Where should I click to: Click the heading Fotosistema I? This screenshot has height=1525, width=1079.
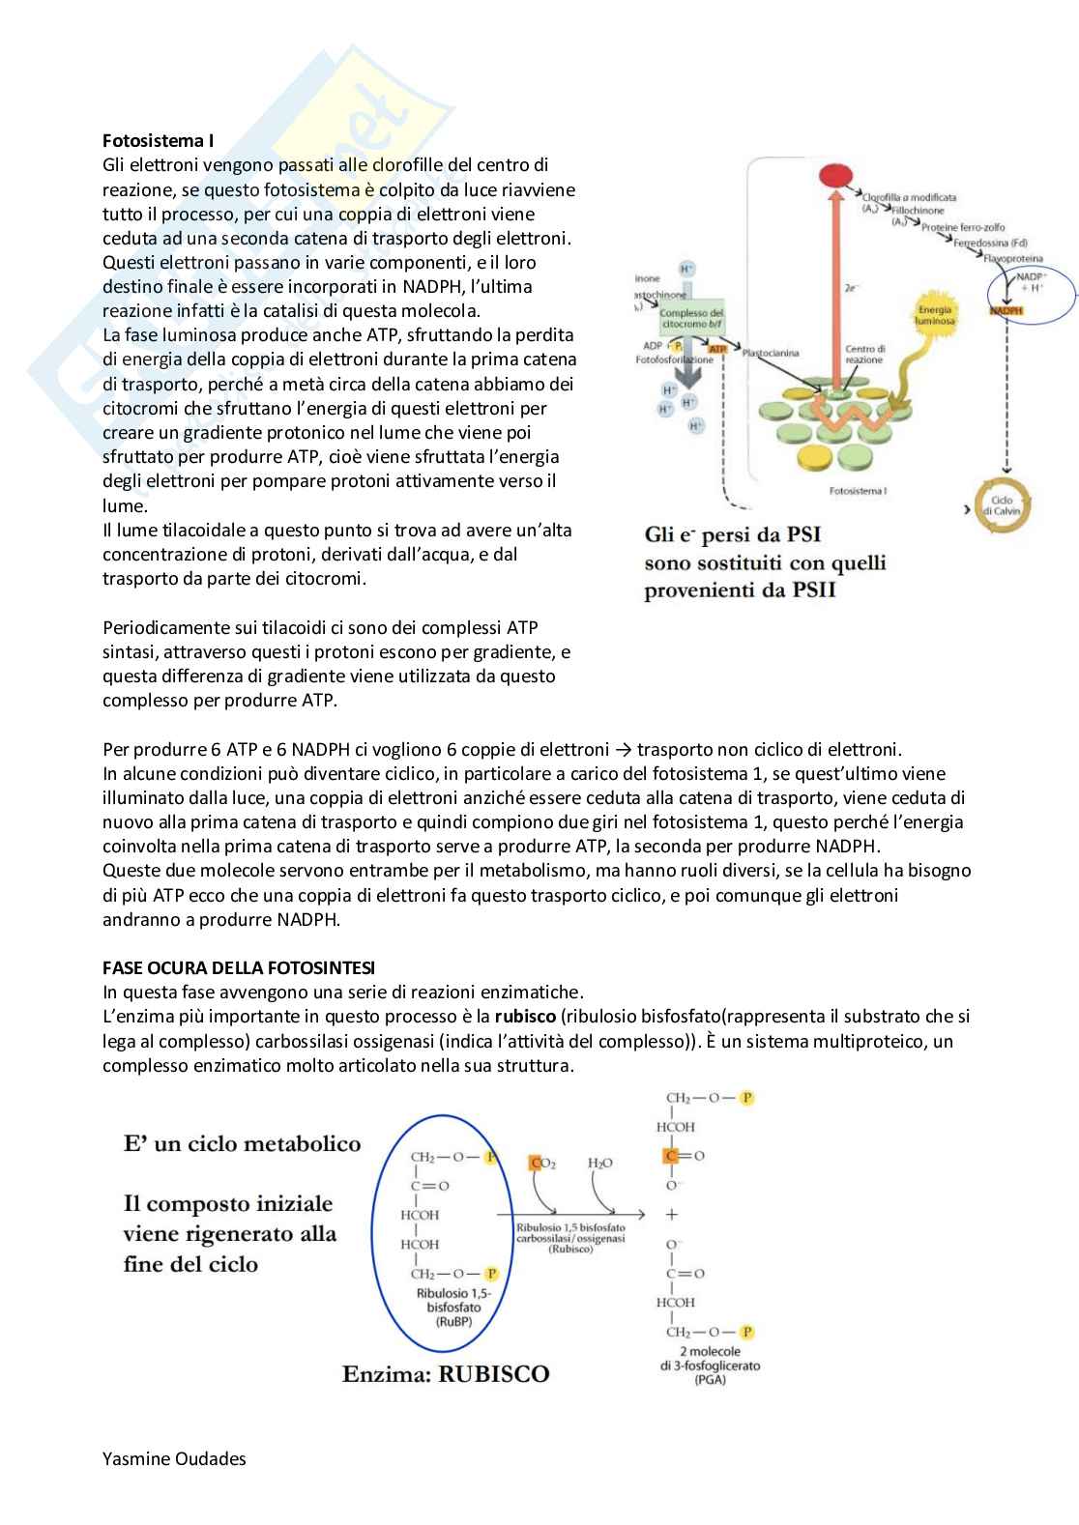[x=159, y=141]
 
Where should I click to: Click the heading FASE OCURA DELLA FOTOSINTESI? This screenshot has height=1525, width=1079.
[x=240, y=967]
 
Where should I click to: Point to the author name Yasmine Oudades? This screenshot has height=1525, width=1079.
[x=174, y=1458]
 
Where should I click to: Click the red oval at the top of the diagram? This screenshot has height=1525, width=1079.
[x=834, y=176]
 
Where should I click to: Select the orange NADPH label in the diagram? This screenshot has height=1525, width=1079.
[x=1006, y=311]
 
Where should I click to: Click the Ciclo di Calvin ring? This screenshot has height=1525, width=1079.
[x=1002, y=505]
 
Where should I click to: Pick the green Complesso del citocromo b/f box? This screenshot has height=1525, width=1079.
[x=690, y=319]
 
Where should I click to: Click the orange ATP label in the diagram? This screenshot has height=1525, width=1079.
[x=717, y=348]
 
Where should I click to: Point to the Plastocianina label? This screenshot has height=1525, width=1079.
[x=771, y=353]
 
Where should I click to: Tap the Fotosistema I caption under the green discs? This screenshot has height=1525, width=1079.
[x=858, y=491]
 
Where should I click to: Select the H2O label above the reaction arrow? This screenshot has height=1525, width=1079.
[x=599, y=1163]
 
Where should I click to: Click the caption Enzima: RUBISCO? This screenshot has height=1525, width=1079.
[x=446, y=1373]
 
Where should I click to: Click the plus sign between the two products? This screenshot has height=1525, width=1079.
[x=672, y=1215]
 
